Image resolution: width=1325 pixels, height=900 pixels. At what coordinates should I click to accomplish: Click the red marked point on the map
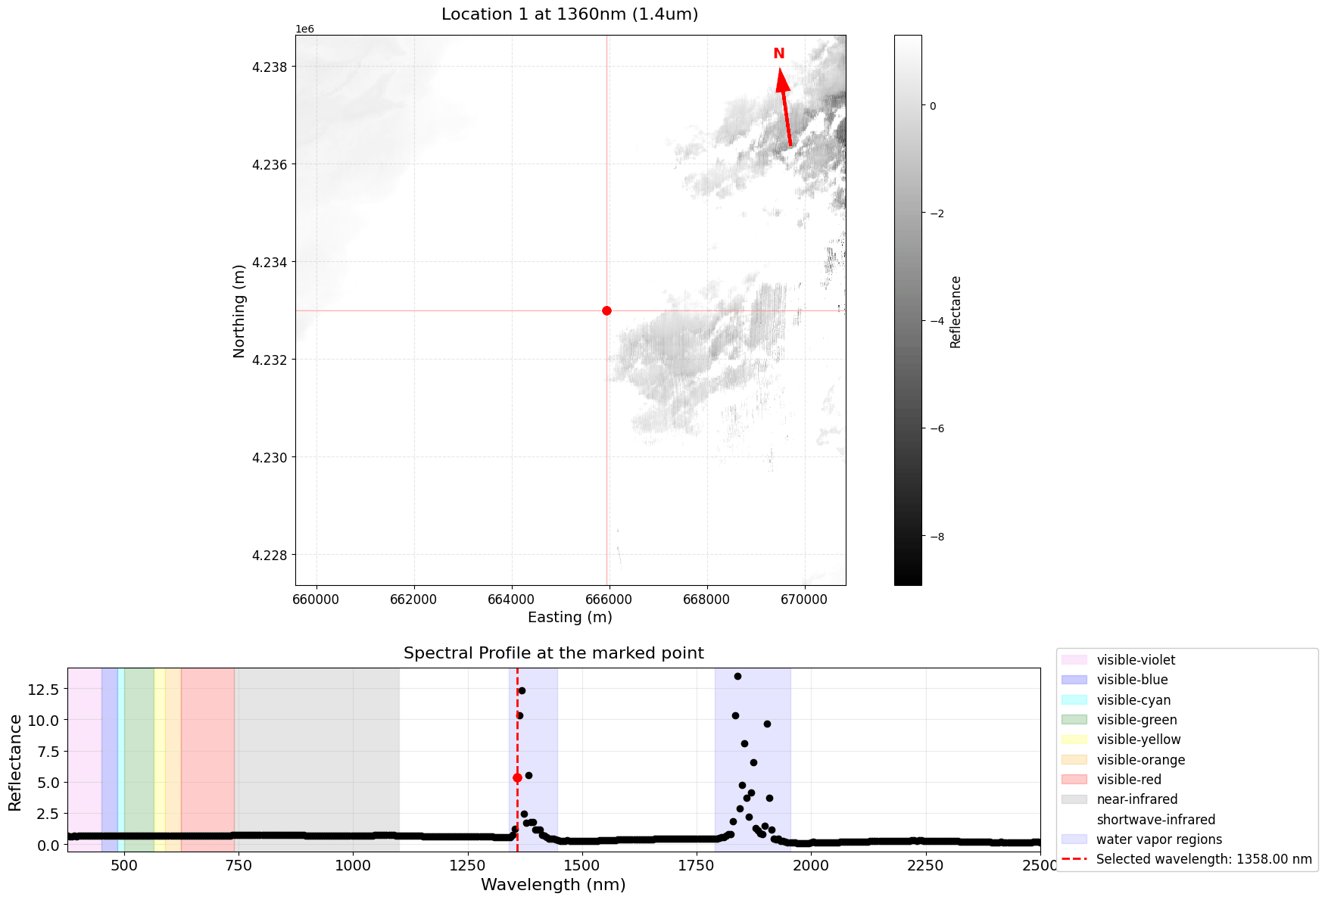[x=606, y=310]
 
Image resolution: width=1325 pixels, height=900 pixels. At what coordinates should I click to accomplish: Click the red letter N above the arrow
[x=778, y=54]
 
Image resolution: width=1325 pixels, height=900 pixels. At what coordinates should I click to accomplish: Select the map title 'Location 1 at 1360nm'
[x=569, y=14]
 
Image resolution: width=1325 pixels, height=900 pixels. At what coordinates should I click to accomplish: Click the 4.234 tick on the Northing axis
[x=270, y=262]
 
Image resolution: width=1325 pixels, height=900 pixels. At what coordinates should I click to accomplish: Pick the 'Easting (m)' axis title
[x=569, y=617]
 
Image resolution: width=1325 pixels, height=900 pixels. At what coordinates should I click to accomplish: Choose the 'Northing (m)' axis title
[x=239, y=310]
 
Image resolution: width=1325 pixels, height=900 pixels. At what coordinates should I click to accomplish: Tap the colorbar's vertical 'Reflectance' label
[x=956, y=311]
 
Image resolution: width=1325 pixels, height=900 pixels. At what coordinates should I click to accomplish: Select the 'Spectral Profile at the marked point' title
[x=553, y=653]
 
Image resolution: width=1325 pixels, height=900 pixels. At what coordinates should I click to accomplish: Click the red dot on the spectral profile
[x=517, y=777]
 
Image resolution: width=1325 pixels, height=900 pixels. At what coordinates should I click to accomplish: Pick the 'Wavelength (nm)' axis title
[x=553, y=884]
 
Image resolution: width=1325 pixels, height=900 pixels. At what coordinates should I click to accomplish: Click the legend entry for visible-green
[x=1136, y=720]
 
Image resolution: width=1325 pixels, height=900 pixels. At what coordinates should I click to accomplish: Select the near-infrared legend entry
[x=1136, y=799]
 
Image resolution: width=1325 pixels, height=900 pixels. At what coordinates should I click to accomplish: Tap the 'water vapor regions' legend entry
[x=1158, y=839]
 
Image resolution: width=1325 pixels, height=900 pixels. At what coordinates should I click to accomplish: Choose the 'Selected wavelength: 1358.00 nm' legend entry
[x=1203, y=859]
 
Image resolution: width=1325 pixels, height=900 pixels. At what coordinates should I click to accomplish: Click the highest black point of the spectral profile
[x=737, y=676]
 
